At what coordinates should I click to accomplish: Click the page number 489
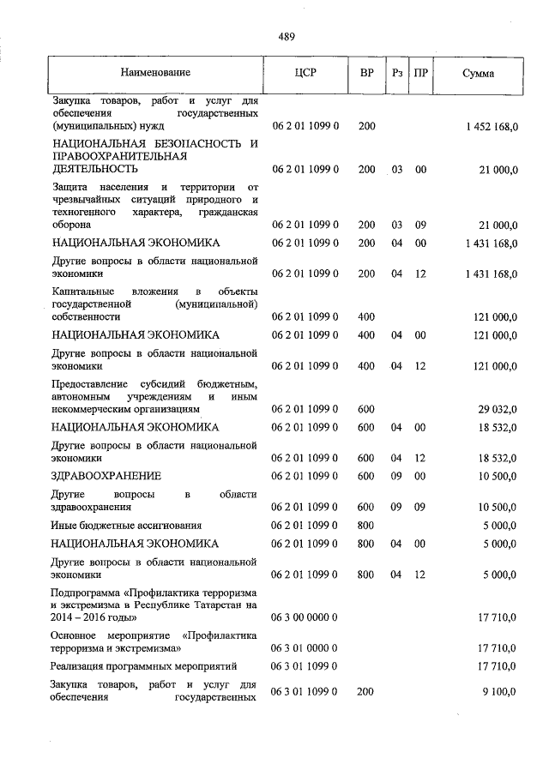tap(287, 36)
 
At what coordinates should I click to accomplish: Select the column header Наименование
tap(155, 73)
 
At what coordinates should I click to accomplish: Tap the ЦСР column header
tap(305, 73)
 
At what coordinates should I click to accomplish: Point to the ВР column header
tap(366, 73)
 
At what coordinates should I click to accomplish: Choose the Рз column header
tap(396, 73)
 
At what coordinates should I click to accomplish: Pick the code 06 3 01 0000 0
tap(305, 649)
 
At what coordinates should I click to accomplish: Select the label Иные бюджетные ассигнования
tap(126, 525)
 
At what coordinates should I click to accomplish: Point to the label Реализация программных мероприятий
tap(143, 666)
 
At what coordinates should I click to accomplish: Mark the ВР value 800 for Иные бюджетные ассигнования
tap(366, 525)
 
